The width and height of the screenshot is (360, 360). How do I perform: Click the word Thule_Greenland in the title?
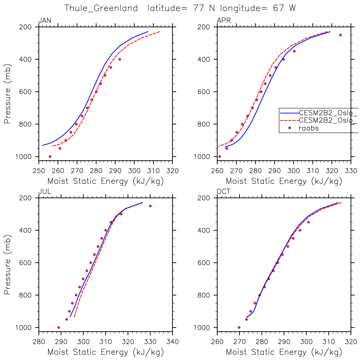pos(101,8)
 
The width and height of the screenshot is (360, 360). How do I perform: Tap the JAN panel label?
pos(45,21)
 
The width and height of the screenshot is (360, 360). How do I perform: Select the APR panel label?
pos(224,21)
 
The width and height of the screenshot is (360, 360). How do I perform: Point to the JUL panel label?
pos(44,192)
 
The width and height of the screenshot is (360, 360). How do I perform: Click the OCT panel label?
pos(224,192)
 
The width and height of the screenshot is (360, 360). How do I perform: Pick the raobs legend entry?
pos(309,128)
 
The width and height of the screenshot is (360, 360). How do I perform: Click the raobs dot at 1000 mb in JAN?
pos(50,156)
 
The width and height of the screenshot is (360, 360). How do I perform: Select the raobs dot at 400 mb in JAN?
pos(120,59)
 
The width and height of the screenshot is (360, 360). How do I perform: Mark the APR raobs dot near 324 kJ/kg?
pos(340,35)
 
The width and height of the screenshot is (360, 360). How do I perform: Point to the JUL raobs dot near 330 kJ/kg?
pos(150,206)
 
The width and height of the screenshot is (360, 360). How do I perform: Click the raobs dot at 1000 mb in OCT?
pos(239,327)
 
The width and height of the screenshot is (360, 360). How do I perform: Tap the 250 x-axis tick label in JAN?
pos(39,171)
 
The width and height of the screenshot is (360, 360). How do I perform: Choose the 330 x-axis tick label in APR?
pos(351,171)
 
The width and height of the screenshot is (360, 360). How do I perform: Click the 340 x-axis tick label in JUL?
pos(172,342)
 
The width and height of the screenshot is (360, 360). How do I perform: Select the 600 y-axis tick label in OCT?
pos(204,263)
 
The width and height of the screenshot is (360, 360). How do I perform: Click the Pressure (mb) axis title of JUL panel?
pos(8,265)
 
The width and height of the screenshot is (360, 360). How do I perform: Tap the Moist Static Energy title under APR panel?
pos(284,181)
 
